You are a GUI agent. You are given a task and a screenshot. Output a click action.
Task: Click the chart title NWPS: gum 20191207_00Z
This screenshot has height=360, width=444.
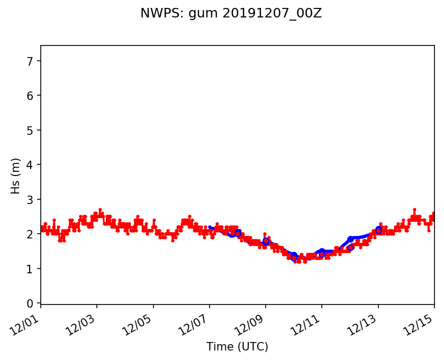[x=231, y=14]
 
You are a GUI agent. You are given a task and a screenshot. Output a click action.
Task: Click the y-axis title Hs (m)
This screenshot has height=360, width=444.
[x=16, y=176]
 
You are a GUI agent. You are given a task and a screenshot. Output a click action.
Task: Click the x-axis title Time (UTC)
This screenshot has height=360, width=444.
[x=237, y=347]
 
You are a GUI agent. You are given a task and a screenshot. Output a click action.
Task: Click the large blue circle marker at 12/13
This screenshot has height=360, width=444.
[x=378, y=230]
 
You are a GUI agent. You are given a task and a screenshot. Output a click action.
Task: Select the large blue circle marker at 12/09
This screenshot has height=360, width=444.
[x=266, y=241]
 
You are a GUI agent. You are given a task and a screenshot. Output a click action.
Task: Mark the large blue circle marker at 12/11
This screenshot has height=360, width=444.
[x=322, y=254]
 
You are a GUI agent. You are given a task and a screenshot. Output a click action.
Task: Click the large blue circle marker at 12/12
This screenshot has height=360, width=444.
[x=350, y=247]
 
